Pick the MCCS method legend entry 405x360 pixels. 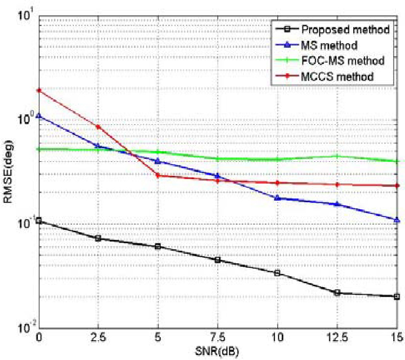[337, 76]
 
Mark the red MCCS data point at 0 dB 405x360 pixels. [39, 90]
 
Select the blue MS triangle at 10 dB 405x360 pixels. [277, 198]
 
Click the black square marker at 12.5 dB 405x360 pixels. [337, 292]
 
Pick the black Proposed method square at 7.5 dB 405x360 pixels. [218, 260]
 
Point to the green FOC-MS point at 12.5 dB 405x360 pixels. [337, 156]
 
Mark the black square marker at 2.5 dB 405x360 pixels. [98, 238]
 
